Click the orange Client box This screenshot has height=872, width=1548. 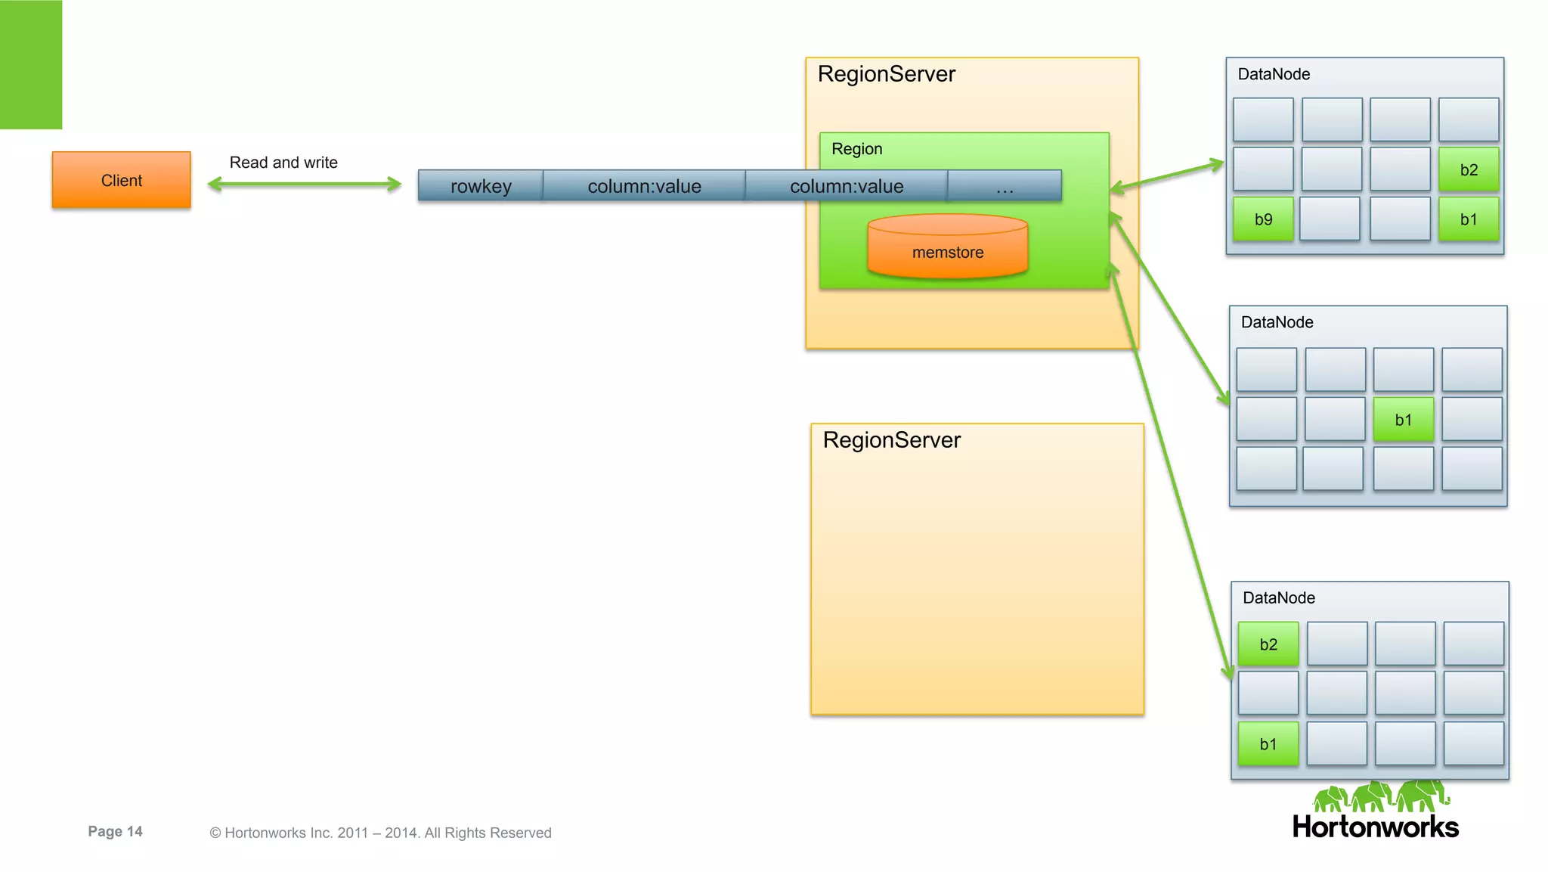tap(121, 180)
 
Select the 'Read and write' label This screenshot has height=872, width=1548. tap(283, 163)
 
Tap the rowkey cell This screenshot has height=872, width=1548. tap(481, 186)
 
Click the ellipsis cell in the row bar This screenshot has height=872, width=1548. tap(1004, 186)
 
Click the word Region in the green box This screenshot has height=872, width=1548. tap(856, 149)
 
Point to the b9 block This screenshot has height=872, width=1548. tap(1263, 219)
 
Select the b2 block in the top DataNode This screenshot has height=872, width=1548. tap(1468, 170)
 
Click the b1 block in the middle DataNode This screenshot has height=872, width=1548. tap(1403, 420)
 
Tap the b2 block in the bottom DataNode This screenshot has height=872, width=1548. tap(1268, 644)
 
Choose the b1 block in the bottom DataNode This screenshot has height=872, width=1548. tap(1268, 744)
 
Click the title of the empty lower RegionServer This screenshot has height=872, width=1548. tap(891, 440)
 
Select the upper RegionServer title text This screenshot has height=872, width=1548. tap(886, 74)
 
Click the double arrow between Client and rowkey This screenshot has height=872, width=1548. tap(304, 184)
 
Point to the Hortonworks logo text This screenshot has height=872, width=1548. tap(1375, 827)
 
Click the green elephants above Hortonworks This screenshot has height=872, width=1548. tap(1380, 796)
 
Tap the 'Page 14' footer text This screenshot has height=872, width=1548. tap(115, 831)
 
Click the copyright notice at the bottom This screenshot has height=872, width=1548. tap(380, 833)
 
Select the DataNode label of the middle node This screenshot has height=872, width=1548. tap(1277, 322)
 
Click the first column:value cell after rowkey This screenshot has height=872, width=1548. tap(644, 186)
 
